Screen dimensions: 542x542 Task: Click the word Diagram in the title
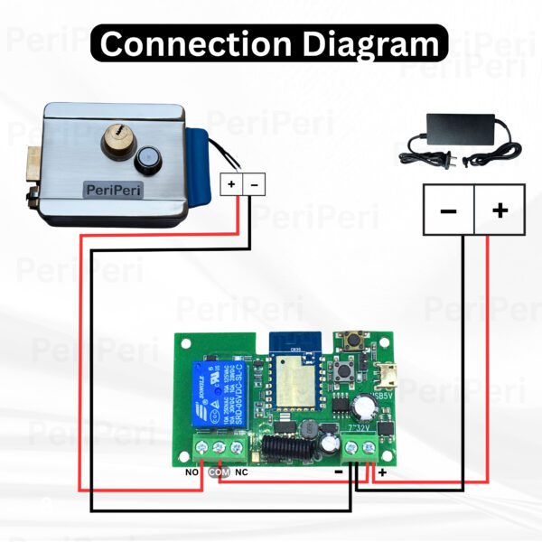tap(380, 43)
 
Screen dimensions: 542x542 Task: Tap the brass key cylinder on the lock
tap(118, 140)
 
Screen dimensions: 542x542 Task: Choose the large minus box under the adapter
tap(448, 210)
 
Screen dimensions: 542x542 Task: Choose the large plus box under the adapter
tap(500, 210)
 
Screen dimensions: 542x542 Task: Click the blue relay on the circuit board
tap(213, 394)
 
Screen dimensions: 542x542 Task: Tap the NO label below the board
tap(192, 471)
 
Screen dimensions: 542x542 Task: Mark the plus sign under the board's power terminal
tap(382, 472)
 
